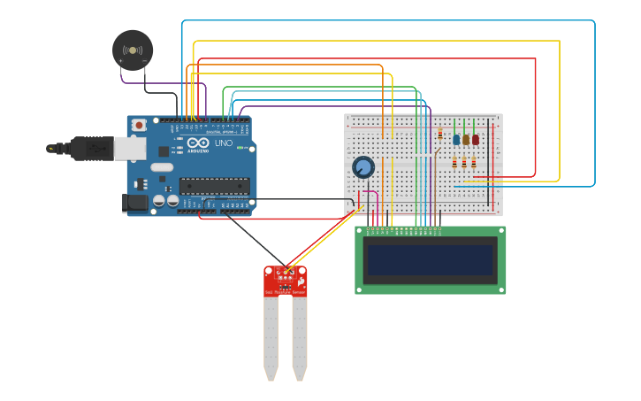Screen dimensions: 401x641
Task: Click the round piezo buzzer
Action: click(x=133, y=50)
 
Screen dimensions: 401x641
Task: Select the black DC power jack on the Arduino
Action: click(x=135, y=203)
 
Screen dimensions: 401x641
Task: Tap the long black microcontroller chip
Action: click(x=214, y=185)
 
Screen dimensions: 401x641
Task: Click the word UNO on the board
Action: click(x=224, y=143)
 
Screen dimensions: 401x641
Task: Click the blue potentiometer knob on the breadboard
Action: click(x=363, y=167)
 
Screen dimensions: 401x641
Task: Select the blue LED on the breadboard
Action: click(x=456, y=139)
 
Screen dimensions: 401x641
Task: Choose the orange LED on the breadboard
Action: click(x=466, y=139)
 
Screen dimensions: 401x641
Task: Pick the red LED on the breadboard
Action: click(x=476, y=139)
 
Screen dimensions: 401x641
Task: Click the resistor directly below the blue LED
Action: click(x=454, y=163)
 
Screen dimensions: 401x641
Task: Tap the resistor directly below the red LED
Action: click(x=474, y=163)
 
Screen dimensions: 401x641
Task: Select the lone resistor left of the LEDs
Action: click(x=439, y=135)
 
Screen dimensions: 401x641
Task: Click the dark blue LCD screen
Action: click(x=431, y=260)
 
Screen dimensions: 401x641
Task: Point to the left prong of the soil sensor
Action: click(x=271, y=336)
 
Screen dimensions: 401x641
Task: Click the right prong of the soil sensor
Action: click(x=300, y=336)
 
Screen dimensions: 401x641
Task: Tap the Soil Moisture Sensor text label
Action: click(x=281, y=292)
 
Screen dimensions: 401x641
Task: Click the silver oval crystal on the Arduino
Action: click(x=162, y=166)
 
